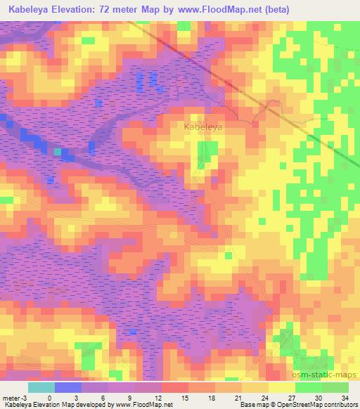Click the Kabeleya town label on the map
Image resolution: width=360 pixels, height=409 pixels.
coord(203,127)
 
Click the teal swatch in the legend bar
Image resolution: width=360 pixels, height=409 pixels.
coord(41,387)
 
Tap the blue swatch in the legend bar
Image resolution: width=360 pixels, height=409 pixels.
coord(68,387)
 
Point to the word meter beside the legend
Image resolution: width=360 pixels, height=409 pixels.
coord(12,397)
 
